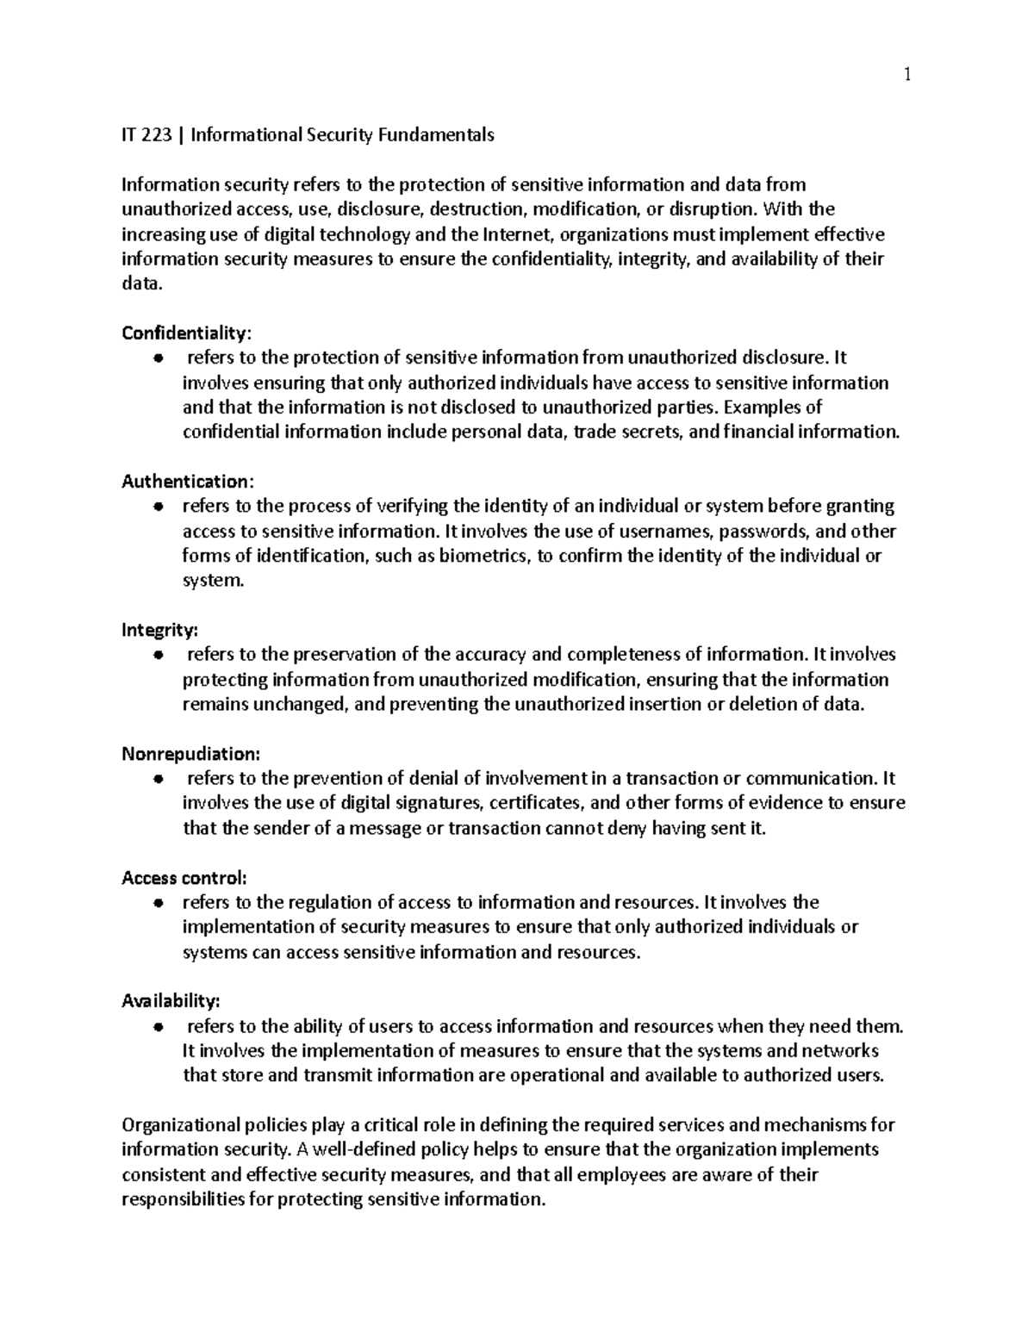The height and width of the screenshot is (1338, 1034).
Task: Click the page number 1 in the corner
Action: tap(906, 76)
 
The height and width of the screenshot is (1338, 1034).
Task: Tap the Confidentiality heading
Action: tap(188, 333)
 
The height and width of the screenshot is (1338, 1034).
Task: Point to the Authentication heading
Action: tap(188, 481)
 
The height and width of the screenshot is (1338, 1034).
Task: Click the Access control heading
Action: tap(184, 878)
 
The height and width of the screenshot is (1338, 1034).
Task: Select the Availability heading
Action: tap(171, 1001)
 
